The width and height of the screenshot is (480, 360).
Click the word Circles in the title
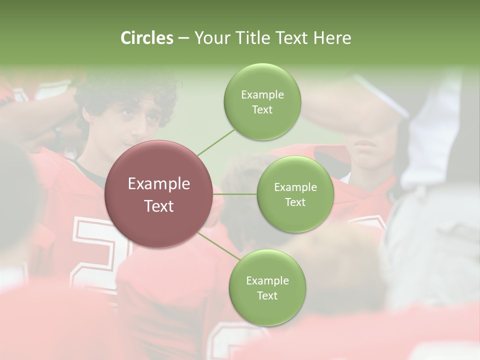click(x=147, y=38)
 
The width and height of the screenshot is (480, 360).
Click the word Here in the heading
click(x=332, y=38)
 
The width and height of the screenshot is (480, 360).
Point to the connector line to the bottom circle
click(x=218, y=246)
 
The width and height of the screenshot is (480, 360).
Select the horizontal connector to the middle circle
click(x=235, y=194)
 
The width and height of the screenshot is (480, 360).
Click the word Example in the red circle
click(x=159, y=184)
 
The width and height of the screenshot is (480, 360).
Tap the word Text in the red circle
click(x=159, y=206)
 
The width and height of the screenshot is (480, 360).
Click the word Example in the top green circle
click(x=262, y=95)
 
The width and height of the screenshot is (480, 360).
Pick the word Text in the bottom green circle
click(x=267, y=295)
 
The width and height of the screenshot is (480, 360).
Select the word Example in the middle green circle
click(x=295, y=187)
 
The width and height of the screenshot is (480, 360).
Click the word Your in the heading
click(x=210, y=38)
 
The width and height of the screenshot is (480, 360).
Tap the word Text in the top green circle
click(x=262, y=109)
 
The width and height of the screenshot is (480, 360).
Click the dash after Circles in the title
click(x=183, y=38)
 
